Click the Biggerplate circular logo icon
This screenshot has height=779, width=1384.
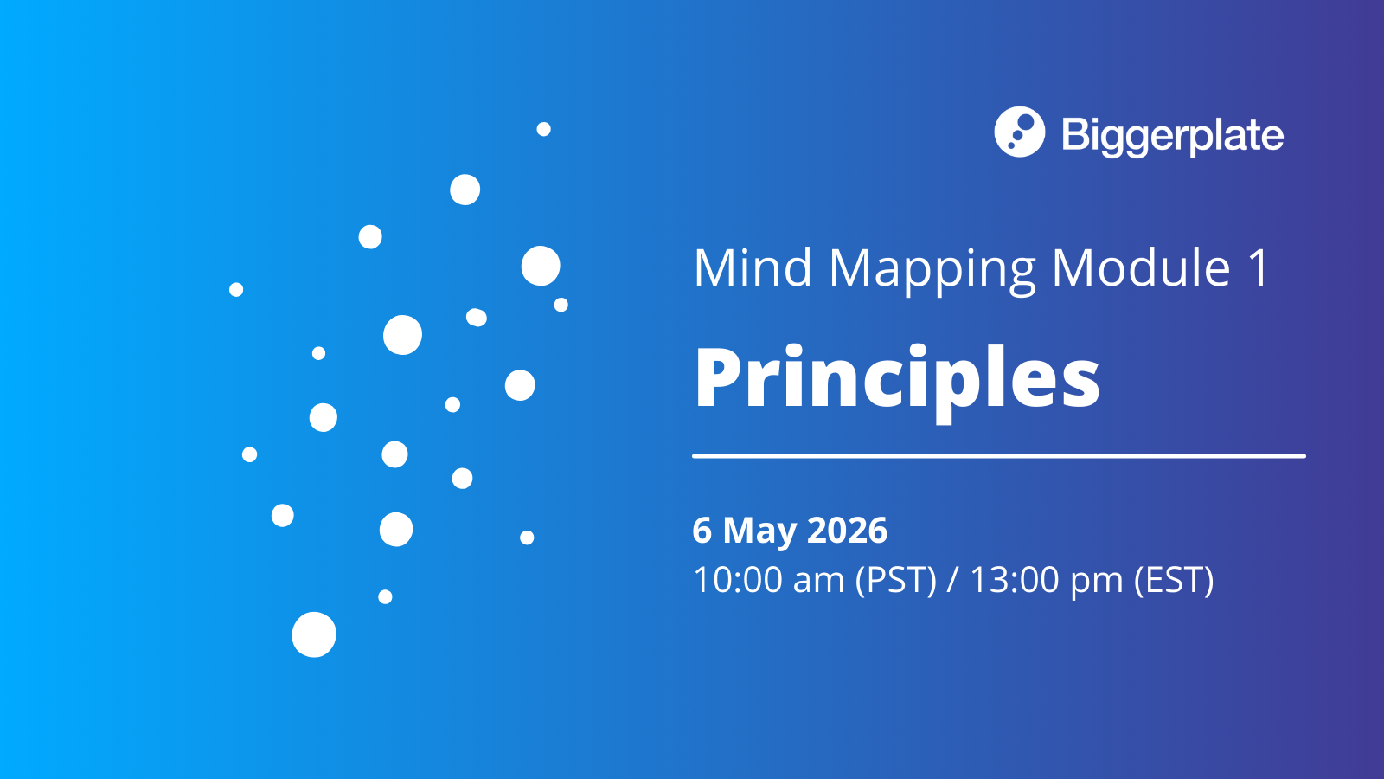coord(1019,132)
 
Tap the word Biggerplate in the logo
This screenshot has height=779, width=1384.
coord(1172,135)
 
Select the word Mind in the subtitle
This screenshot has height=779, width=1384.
coord(753,267)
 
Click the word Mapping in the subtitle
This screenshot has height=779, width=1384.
coord(932,269)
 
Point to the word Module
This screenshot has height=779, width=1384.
coord(1141,267)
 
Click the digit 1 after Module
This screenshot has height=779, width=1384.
coord(1259,267)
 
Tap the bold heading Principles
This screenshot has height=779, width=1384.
coord(897,378)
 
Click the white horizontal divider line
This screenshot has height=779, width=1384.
coord(998,455)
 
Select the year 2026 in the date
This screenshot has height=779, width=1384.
coord(847,531)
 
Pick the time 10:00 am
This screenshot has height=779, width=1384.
coord(768,580)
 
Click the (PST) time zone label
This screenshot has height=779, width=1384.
coord(895,580)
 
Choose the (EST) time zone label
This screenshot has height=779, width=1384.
coord(1174,580)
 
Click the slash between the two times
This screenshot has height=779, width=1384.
coord(952,580)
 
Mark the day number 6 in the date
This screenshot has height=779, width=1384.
coord(702,531)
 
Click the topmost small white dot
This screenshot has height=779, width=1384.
coord(543,129)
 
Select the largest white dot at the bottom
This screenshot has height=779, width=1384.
coord(314,634)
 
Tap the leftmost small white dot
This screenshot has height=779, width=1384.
coord(236,289)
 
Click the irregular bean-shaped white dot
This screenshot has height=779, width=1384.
coord(476,318)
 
